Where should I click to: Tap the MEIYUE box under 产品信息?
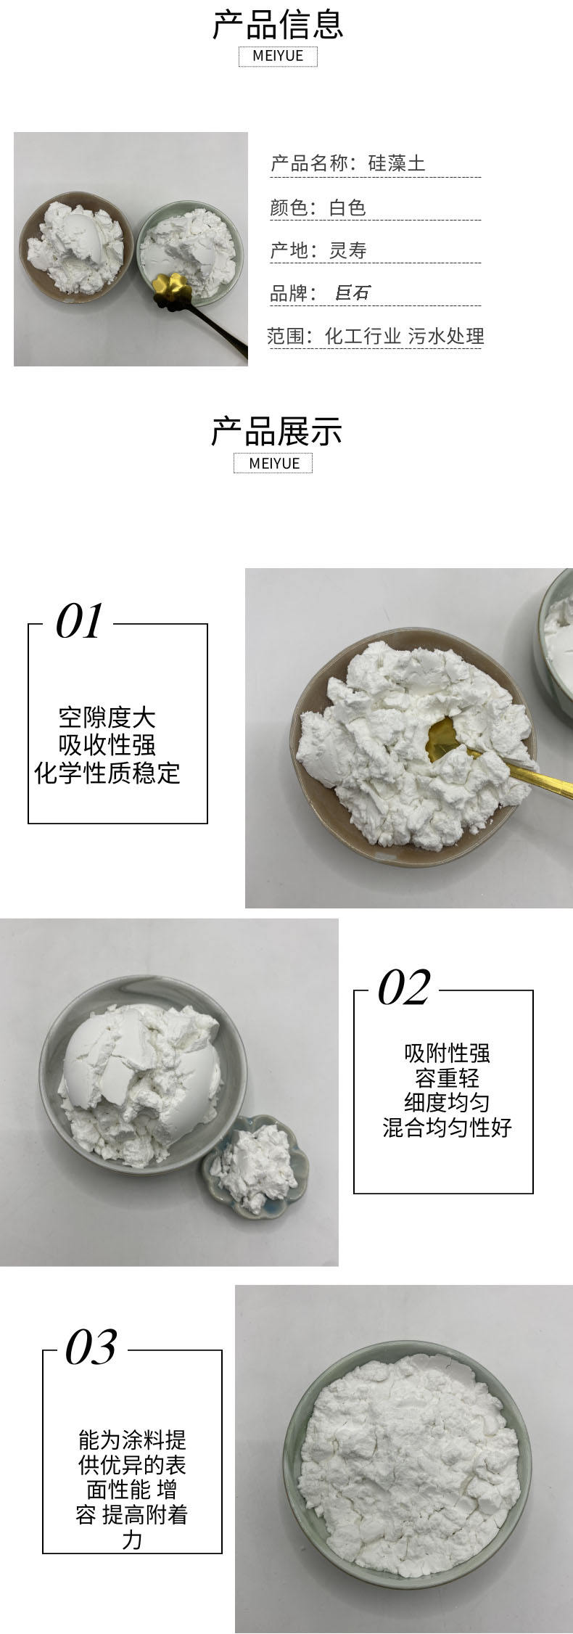pyautogui.click(x=278, y=56)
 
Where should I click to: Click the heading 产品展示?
pyautogui.click(x=276, y=431)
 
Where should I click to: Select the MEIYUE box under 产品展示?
pyautogui.click(x=273, y=463)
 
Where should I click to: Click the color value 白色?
pyautogui.click(x=347, y=208)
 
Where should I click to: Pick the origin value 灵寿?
pyautogui.click(x=347, y=250)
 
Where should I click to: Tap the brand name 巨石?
pyautogui.click(x=353, y=292)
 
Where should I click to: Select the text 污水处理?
pyautogui.click(x=445, y=336)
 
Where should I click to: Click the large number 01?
pyautogui.click(x=79, y=622)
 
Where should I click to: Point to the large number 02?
pyautogui.click(x=404, y=988)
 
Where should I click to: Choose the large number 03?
pyautogui.click(x=91, y=1347)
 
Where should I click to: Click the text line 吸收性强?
pyautogui.click(x=107, y=745)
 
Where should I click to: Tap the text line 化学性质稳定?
pyautogui.click(x=107, y=773)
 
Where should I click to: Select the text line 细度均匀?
pyautogui.click(x=448, y=1102)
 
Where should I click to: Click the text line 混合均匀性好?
pyautogui.click(x=448, y=1127)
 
